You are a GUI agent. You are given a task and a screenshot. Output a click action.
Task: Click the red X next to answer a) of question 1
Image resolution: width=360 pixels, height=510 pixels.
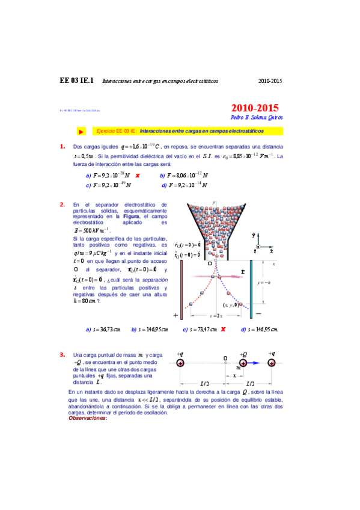tap(138, 175)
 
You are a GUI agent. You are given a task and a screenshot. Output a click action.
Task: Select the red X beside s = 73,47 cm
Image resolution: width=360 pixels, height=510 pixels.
tap(223, 330)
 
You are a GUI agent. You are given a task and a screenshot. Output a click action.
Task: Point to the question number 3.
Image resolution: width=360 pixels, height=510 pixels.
tap(62, 354)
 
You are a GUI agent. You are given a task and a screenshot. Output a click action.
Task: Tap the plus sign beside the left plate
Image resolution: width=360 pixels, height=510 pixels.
tap(176, 315)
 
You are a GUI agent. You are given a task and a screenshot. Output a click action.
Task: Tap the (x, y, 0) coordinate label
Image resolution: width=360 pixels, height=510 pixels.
tap(230, 305)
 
